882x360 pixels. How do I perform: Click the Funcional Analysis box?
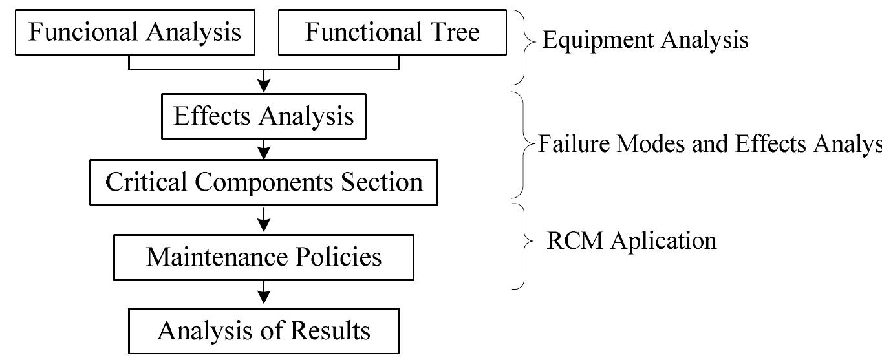click(x=134, y=32)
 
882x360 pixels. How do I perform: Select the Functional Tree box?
click(x=392, y=32)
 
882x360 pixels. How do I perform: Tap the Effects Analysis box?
click(x=264, y=117)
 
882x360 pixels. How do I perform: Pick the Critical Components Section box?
click(x=264, y=182)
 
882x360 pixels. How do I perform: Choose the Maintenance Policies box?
click(x=264, y=257)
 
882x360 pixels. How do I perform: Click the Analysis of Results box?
click(x=264, y=331)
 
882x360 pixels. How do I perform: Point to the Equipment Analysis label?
click(x=645, y=40)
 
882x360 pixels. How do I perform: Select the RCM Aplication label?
click(x=631, y=240)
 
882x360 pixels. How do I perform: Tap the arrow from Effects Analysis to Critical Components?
click(x=264, y=150)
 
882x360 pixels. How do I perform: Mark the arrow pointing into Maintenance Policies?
click(x=264, y=221)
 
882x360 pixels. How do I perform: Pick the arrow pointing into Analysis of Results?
click(x=264, y=295)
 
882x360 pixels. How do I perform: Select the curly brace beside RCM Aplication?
click(x=523, y=246)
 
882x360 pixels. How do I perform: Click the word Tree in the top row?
click(x=457, y=32)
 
